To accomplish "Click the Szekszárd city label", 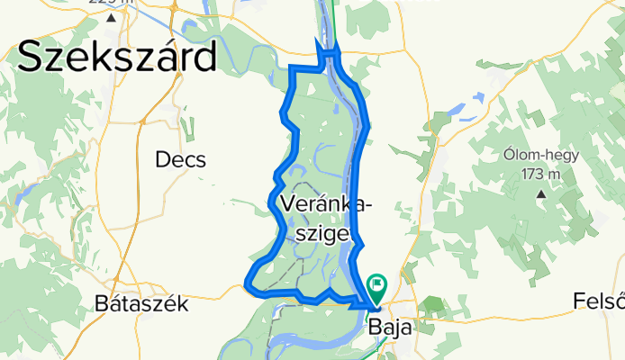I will (117, 58).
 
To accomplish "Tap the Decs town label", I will (180, 160).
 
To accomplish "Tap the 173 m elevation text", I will (540, 174).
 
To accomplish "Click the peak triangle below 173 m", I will (540, 193).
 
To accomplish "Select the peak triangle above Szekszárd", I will (110, 17).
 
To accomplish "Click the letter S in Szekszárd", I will (30, 58).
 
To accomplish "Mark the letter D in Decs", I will (162, 160).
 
